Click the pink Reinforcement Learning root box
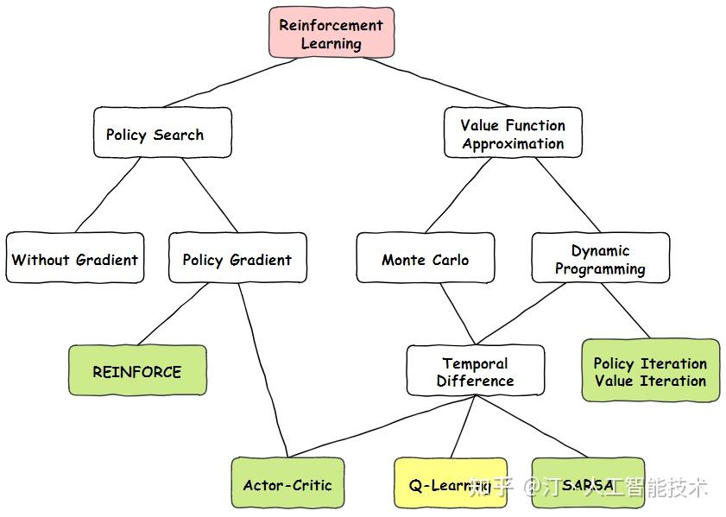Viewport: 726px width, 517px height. pos(331,34)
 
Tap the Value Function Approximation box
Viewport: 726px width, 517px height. pos(513,133)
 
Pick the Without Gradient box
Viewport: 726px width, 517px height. pos(74,258)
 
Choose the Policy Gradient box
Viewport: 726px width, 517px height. pos(237,258)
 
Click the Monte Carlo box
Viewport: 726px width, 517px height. pos(426,258)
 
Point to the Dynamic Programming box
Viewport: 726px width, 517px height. pos(600,258)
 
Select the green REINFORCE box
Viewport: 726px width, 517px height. pos(137,371)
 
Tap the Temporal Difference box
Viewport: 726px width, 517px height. pos(475,371)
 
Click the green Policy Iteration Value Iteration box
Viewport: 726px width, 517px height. pos(650,371)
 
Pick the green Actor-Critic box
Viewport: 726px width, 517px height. pos(287,483)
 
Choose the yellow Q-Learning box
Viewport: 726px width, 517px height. pos(450,483)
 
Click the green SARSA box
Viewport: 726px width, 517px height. pos(588,483)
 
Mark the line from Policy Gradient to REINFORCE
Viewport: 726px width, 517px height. pos(173,315)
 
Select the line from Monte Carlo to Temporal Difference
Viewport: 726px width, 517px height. pos(457,313)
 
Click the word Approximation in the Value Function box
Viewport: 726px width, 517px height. pos(513,144)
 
